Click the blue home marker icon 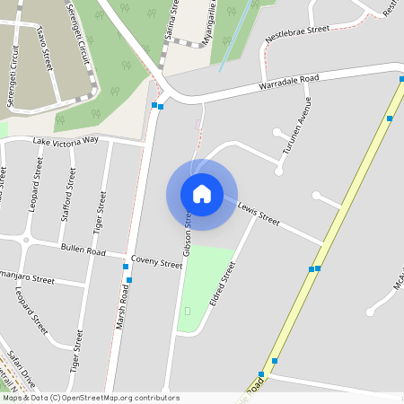point(202,194)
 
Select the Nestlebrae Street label point(299,35)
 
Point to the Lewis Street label point(259,213)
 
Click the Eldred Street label point(222,284)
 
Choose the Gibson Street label point(188,234)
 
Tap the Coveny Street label point(156,262)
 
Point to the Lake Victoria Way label point(66,142)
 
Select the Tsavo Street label point(44,48)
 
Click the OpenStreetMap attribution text point(91,398)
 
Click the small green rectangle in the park point(188,311)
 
